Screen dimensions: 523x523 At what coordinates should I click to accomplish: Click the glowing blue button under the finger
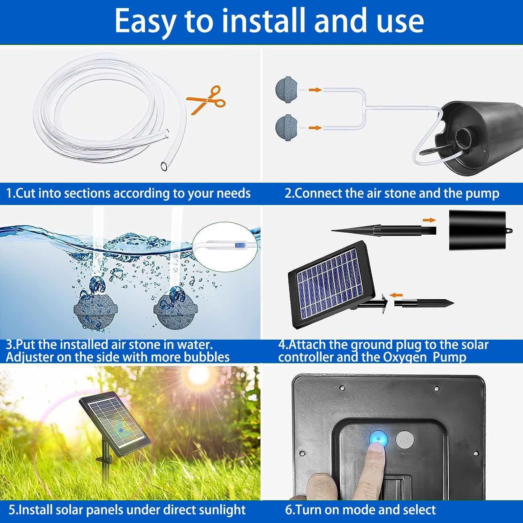click(378, 438)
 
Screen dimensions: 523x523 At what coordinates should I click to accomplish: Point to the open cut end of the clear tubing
click(164, 166)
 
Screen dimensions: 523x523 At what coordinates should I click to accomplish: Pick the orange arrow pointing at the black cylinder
click(429, 220)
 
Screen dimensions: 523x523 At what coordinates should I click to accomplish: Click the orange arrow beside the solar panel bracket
click(396, 295)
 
